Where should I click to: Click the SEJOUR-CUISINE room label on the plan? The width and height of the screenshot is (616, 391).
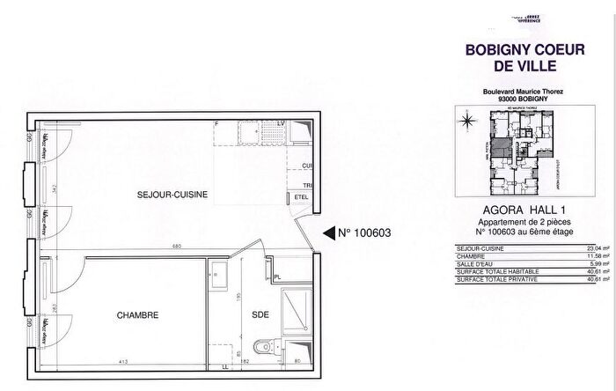tap(172, 195)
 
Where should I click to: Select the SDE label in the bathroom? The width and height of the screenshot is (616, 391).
tap(260, 314)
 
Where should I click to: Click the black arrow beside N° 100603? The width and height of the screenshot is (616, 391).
tap(329, 233)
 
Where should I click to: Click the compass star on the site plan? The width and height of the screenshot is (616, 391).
tap(469, 121)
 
